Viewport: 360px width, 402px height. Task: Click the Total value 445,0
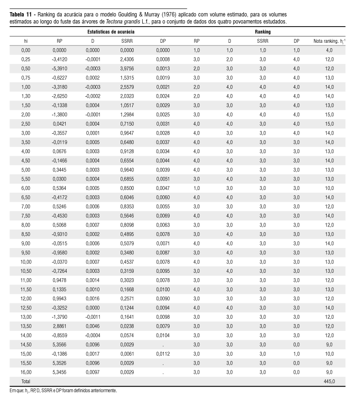tap(329, 381)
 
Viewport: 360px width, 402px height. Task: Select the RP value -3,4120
tap(60, 59)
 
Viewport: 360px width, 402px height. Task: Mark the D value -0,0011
tap(93, 317)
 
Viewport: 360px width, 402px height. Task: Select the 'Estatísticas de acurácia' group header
tap(111, 32)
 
